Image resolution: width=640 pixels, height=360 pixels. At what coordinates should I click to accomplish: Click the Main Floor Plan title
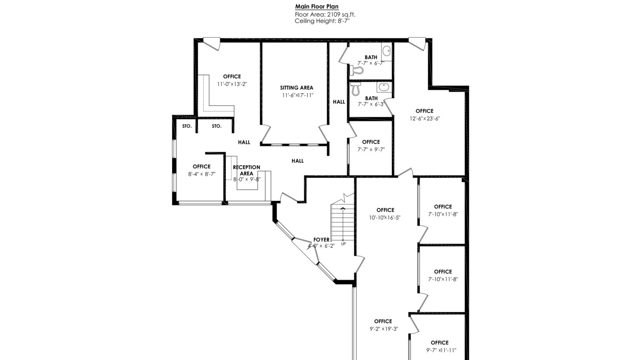316,6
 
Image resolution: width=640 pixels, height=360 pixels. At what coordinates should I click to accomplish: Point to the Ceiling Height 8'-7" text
322,21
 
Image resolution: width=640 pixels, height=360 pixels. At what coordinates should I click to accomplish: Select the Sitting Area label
296,88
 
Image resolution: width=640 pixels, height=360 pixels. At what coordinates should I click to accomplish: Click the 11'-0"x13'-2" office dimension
232,84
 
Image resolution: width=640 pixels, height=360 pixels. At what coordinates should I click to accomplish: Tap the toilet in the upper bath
356,70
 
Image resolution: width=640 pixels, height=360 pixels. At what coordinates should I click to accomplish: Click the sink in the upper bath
386,52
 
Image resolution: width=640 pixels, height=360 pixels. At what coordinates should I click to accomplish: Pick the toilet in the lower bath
356,89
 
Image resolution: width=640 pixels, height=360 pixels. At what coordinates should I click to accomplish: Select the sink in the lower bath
384,87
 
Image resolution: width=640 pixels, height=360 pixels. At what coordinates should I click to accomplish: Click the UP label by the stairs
344,244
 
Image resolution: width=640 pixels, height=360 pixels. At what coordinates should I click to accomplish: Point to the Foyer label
322,240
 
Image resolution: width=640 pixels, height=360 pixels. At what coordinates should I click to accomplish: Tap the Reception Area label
246,170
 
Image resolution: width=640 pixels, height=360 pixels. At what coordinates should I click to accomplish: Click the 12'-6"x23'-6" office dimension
425,118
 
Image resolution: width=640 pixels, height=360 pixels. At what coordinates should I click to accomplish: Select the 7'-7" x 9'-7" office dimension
371,150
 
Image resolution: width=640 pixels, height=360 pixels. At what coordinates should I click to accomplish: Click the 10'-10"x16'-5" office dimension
385,218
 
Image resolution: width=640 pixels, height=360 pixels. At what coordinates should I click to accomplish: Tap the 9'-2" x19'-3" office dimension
384,329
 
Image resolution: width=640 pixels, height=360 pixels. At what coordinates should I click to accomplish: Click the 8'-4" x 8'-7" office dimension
202,174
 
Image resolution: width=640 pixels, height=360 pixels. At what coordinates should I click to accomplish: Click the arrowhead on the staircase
343,208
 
